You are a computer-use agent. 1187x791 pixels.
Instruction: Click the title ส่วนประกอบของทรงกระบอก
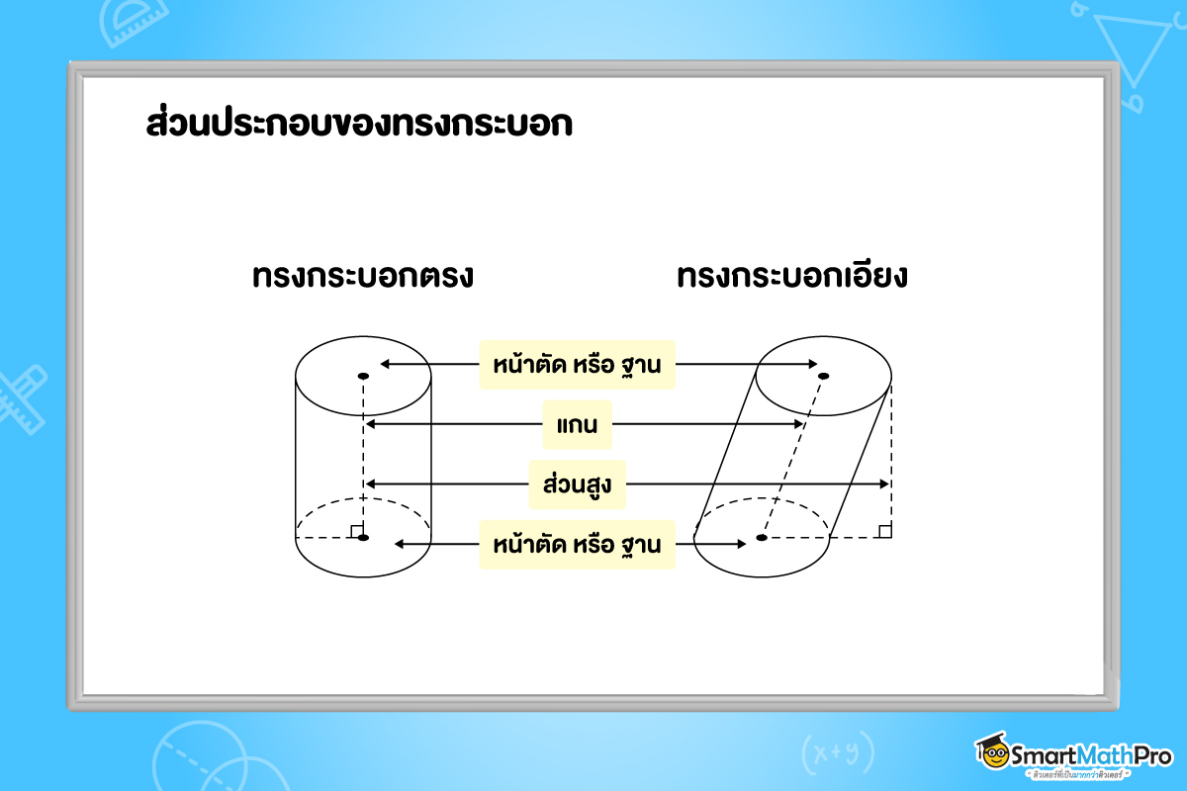358,128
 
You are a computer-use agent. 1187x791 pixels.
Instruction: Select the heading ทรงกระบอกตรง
363,277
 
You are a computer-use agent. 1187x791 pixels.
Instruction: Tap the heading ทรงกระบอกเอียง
792,277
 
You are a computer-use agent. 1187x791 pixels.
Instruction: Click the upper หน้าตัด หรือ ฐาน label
577,365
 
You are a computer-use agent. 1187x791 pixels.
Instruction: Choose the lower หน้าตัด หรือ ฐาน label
577,545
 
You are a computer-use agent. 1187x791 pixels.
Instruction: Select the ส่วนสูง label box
578,484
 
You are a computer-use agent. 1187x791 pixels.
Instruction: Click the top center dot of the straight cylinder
363,376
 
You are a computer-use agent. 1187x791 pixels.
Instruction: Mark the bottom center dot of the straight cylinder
363,538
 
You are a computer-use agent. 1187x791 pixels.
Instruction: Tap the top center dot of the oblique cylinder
823,376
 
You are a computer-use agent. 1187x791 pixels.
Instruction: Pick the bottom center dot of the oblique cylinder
762,538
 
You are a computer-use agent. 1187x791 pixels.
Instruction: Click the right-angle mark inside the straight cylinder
356,532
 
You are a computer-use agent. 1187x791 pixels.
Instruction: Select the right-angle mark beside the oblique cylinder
884,531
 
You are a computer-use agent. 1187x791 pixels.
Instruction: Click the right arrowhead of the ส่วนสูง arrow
885,484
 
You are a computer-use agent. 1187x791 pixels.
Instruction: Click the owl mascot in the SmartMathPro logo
992,753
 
